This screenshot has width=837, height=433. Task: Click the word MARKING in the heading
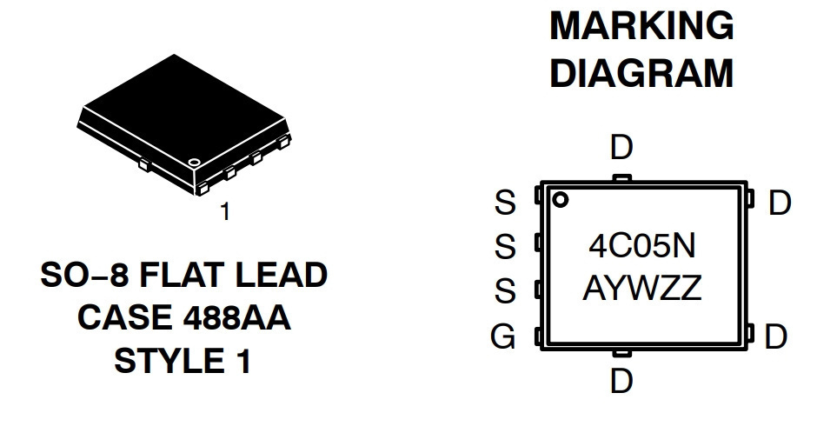[x=641, y=25]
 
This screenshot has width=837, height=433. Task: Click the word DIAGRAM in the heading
[x=641, y=73]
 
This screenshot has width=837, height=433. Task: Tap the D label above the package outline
[x=621, y=148]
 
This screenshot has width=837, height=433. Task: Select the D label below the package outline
[x=621, y=382]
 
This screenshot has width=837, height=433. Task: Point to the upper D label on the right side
[x=780, y=203]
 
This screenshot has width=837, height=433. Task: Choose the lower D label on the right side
[x=775, y=336]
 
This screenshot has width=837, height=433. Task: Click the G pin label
[x=503, y=336]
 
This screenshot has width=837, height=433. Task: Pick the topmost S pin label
[x=505, y=203]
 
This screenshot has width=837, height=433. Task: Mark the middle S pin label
[x=505, y=247]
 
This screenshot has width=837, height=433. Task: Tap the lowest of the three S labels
[x=505, y=291]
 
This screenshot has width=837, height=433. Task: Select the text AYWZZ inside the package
[x=641, y=289]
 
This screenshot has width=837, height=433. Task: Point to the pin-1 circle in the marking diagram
[x=560, y=200]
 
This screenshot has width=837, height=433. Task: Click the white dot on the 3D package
[x=194, y=161]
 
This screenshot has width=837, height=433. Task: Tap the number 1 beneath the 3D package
[x=225, y=211]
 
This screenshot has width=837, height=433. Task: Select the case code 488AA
[x=236, y=317]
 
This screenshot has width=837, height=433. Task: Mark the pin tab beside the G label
[x=538, y=336]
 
